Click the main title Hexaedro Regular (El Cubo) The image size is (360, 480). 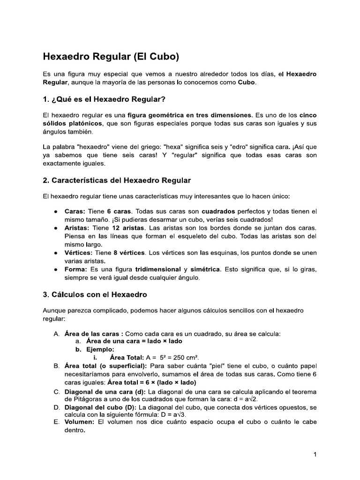coord(111,57)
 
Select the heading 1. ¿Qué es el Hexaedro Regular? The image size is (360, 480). coord(104,99)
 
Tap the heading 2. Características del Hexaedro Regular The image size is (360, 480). coord(117,180)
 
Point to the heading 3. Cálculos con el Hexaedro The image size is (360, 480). coord(95,294)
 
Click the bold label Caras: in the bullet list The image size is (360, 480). coord(75,211)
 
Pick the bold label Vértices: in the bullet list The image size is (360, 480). coord(79,253)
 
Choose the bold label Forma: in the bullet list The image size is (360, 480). coord(75,270)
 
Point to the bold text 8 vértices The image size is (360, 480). coord(129,253)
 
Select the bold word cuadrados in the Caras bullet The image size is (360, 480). coord(220,211)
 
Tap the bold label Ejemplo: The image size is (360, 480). coord(101,349)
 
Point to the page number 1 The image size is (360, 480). coord(315,454)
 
